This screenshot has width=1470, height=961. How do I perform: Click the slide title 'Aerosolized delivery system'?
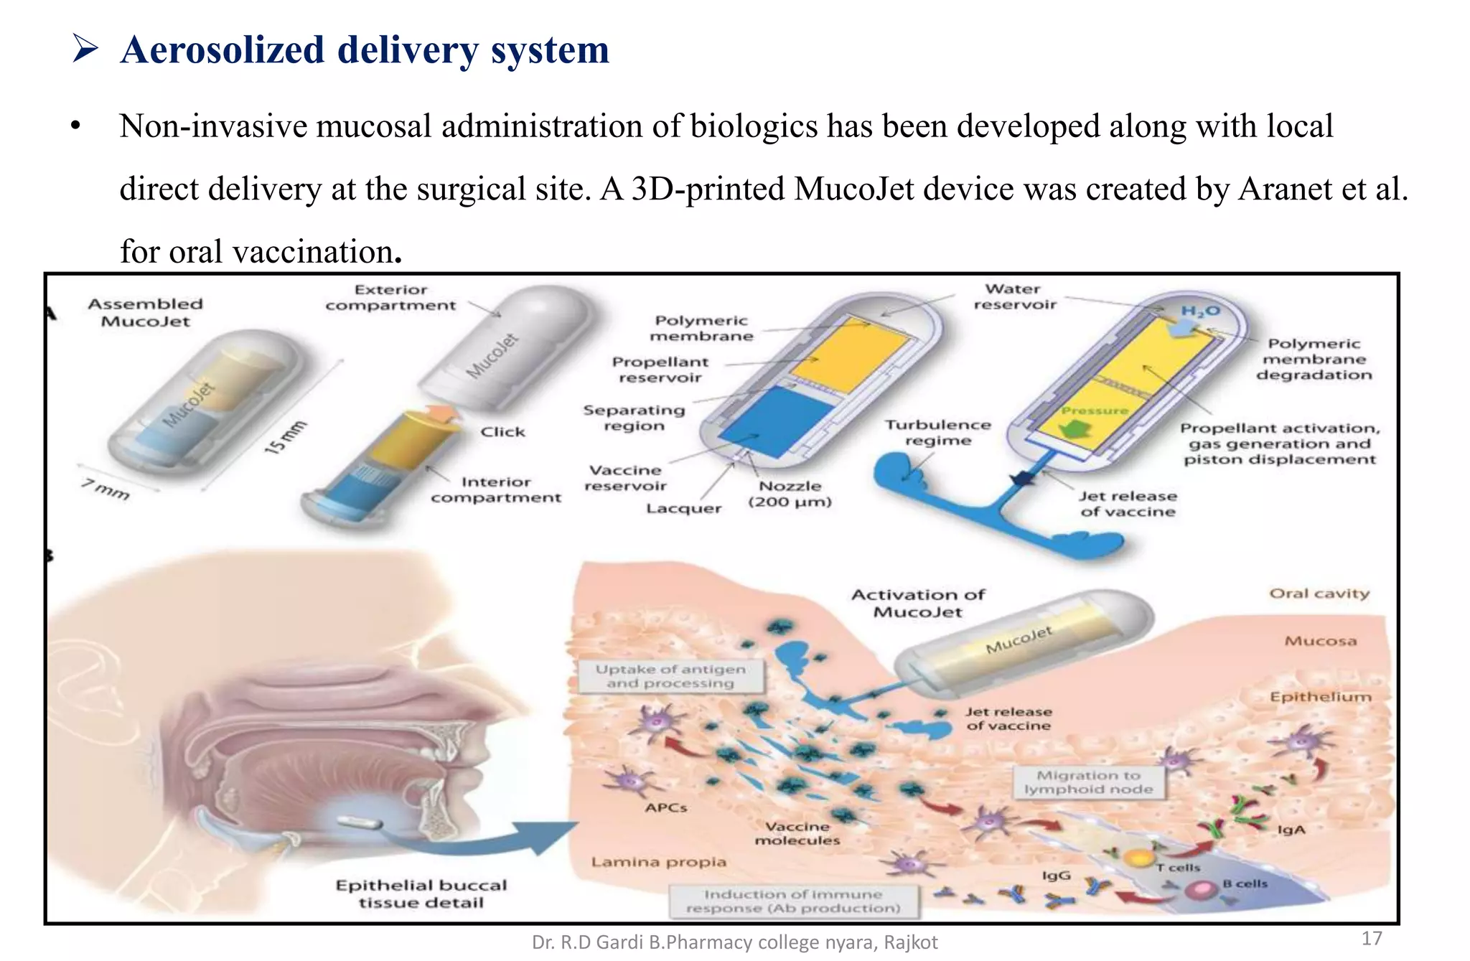[x=365, y=50]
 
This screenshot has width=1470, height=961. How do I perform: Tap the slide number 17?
[x=1371, y=938]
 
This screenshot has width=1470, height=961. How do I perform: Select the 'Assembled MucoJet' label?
[x=145, y=312]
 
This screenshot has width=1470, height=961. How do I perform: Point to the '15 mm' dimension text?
[x=285, y=436]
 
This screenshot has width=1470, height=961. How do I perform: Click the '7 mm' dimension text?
[x=106, y=489]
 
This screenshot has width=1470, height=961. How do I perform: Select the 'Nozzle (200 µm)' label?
[x=790, y=494]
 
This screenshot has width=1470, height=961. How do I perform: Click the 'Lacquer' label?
[x=683, y=508]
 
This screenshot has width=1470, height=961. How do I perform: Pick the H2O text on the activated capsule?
[x=1200, y=311]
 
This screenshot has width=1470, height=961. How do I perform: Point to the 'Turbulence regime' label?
[x=937, y=433]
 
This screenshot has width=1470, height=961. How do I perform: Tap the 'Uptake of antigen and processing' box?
[x=670, y=676]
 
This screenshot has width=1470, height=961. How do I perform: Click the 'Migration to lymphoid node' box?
[x=1088, y=782]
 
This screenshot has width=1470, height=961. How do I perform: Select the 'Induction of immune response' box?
[x=792, y=901]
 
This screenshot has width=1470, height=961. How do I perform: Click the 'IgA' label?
[x=1291, y=830]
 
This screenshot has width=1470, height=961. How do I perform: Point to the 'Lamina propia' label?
[x=658, y=861]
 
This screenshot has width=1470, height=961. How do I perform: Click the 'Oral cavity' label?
[x=1319, y=594]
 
